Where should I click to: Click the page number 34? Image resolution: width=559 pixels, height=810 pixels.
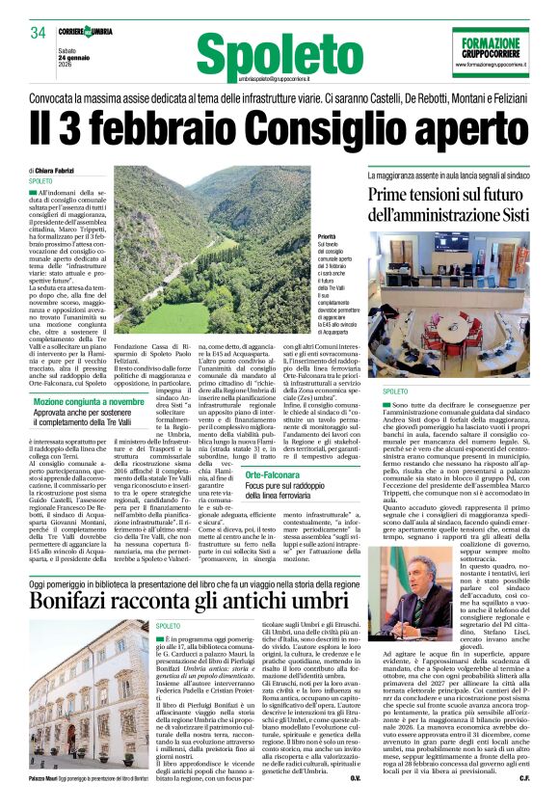(39, 33)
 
